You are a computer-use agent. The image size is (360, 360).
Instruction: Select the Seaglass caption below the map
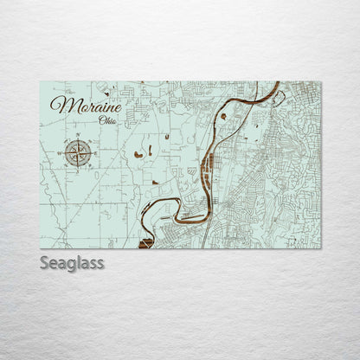coord(72,262)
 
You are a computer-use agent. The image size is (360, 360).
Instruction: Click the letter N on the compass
coord(80,138)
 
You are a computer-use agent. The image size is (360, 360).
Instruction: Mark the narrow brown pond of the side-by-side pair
coord(149,151)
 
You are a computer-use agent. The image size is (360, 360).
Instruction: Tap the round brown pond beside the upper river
coord(223,115)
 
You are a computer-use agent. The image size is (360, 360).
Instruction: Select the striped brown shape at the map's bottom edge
coord(145,242)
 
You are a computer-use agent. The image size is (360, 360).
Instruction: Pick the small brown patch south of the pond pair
coord(154,183)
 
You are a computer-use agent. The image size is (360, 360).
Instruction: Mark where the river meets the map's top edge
coord(278,83)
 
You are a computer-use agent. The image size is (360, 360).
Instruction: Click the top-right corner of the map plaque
coord(320,82)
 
